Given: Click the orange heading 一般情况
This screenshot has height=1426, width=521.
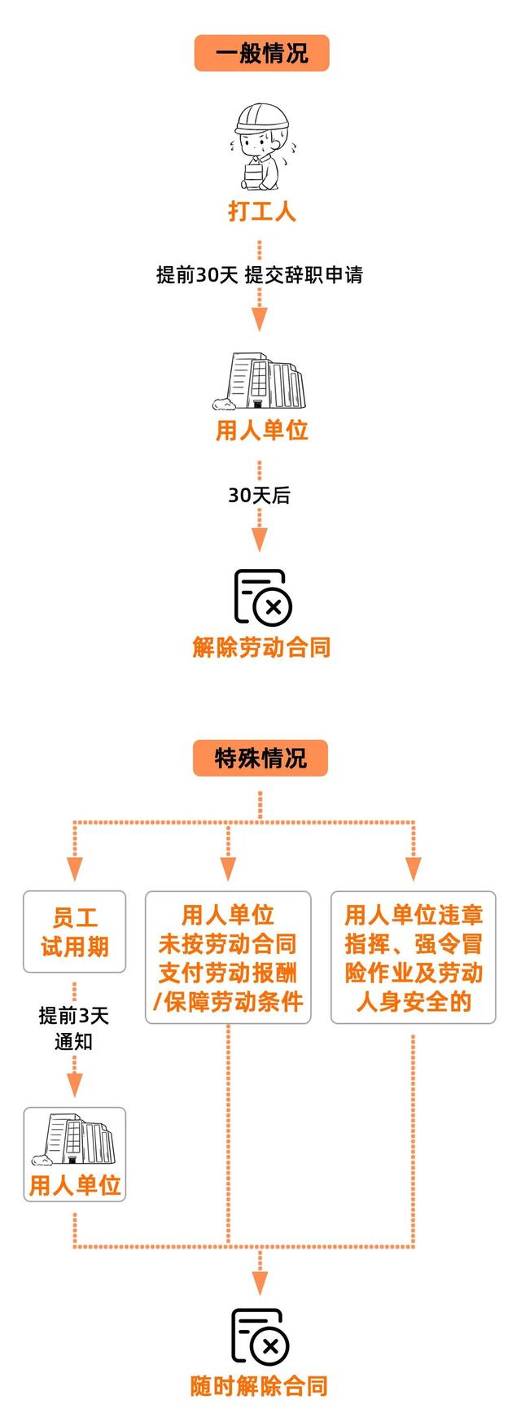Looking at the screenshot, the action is pos(261,53).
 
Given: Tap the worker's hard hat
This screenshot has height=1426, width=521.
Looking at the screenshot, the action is pos(261,118).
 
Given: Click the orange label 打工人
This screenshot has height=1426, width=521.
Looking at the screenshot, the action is pos(261,212).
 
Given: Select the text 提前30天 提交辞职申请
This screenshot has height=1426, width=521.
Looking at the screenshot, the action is pos(260,275).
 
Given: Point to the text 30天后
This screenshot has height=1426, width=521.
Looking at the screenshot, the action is pos(259,495).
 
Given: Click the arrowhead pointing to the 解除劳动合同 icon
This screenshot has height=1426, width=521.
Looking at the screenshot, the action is pos(259,540).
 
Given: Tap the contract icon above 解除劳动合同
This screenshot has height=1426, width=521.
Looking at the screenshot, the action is pos(263,597).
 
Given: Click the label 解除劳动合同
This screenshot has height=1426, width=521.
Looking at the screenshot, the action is pos(261,648).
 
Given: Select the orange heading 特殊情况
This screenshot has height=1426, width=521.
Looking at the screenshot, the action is pos(260,758).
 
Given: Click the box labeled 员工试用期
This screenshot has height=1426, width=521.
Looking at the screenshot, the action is pos(74,932).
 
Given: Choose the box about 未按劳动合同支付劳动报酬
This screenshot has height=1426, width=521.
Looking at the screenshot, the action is pos(228,957).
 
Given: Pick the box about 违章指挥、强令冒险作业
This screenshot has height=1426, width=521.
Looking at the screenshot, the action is pos(414,957).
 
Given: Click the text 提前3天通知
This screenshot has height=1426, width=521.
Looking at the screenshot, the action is pos(73,1028).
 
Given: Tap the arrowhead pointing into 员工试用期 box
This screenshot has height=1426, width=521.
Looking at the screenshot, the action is pos(75,869).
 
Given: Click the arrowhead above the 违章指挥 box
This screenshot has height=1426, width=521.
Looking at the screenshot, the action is pos(414,869).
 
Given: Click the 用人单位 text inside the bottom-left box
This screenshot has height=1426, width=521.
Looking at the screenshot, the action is pos(75,1185).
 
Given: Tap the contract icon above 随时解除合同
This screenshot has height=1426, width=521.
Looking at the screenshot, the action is pos(260,1336).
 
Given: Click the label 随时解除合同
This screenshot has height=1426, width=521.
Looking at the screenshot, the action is pos(260,1386).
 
